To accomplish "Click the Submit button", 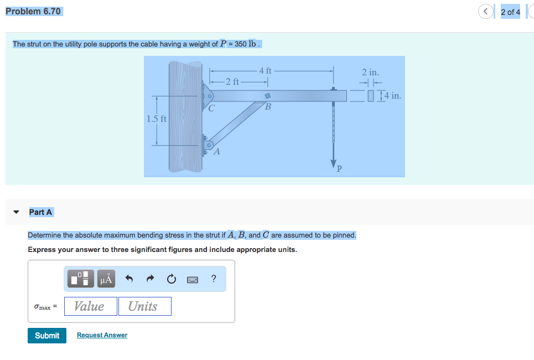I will (47, 336).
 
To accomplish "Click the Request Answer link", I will (102, 335).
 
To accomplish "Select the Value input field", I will (90, 306).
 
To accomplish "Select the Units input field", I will (144, 306).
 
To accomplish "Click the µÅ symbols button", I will (106, 279).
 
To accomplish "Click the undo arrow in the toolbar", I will (129, 279).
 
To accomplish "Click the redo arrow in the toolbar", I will (150, 279).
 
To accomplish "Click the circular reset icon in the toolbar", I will (172, 279).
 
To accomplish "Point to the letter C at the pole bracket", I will (211, 108).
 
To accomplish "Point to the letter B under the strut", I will (268, 106).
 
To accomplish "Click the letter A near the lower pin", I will (216, 152).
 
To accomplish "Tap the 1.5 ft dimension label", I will (156, 119).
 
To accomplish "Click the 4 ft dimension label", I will (266, 70).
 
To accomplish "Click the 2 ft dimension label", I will (233, 81).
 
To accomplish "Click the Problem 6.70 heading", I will (33, 11).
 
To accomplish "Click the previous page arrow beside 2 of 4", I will (486, 12).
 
